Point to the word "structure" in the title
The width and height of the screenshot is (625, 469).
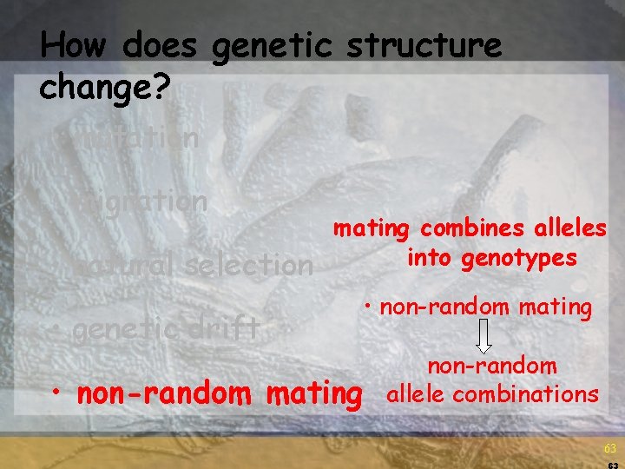point(424,45)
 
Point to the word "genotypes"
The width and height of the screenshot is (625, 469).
point(519,258)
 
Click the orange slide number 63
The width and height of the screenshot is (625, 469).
point(609,449)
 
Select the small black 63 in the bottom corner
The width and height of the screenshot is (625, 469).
point(613,465)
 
